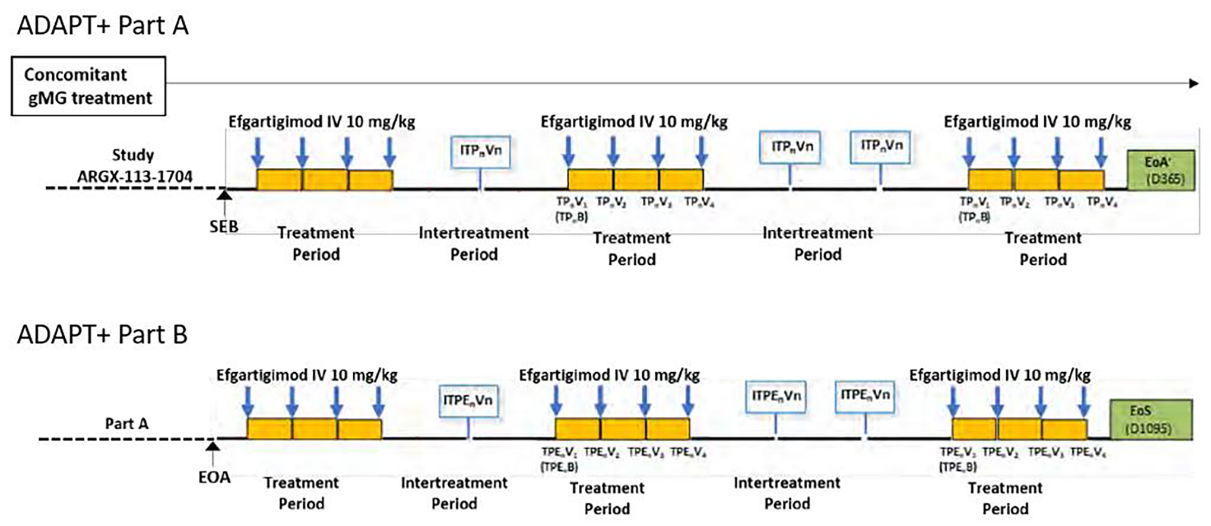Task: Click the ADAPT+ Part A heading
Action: point(103,26)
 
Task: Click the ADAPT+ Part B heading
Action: point(102,335)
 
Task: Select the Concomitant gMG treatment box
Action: point(88,86)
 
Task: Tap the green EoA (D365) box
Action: point(1161,170)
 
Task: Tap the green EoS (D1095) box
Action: point(1151,420)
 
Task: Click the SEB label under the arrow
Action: point(224,227)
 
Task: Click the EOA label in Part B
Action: point(214,477)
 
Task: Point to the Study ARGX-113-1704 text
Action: point(134,166)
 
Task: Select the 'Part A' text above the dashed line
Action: point(126,423)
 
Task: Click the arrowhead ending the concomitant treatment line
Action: point(1194,84)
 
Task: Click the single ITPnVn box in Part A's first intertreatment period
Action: point(480,151)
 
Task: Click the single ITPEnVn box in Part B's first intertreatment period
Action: point(468,401)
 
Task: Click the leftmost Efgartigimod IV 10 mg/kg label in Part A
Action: point(322,122)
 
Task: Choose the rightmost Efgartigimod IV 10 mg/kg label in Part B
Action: point(1000,375)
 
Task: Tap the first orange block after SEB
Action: point(279,180)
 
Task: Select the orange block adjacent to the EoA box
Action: point(1081,180)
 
